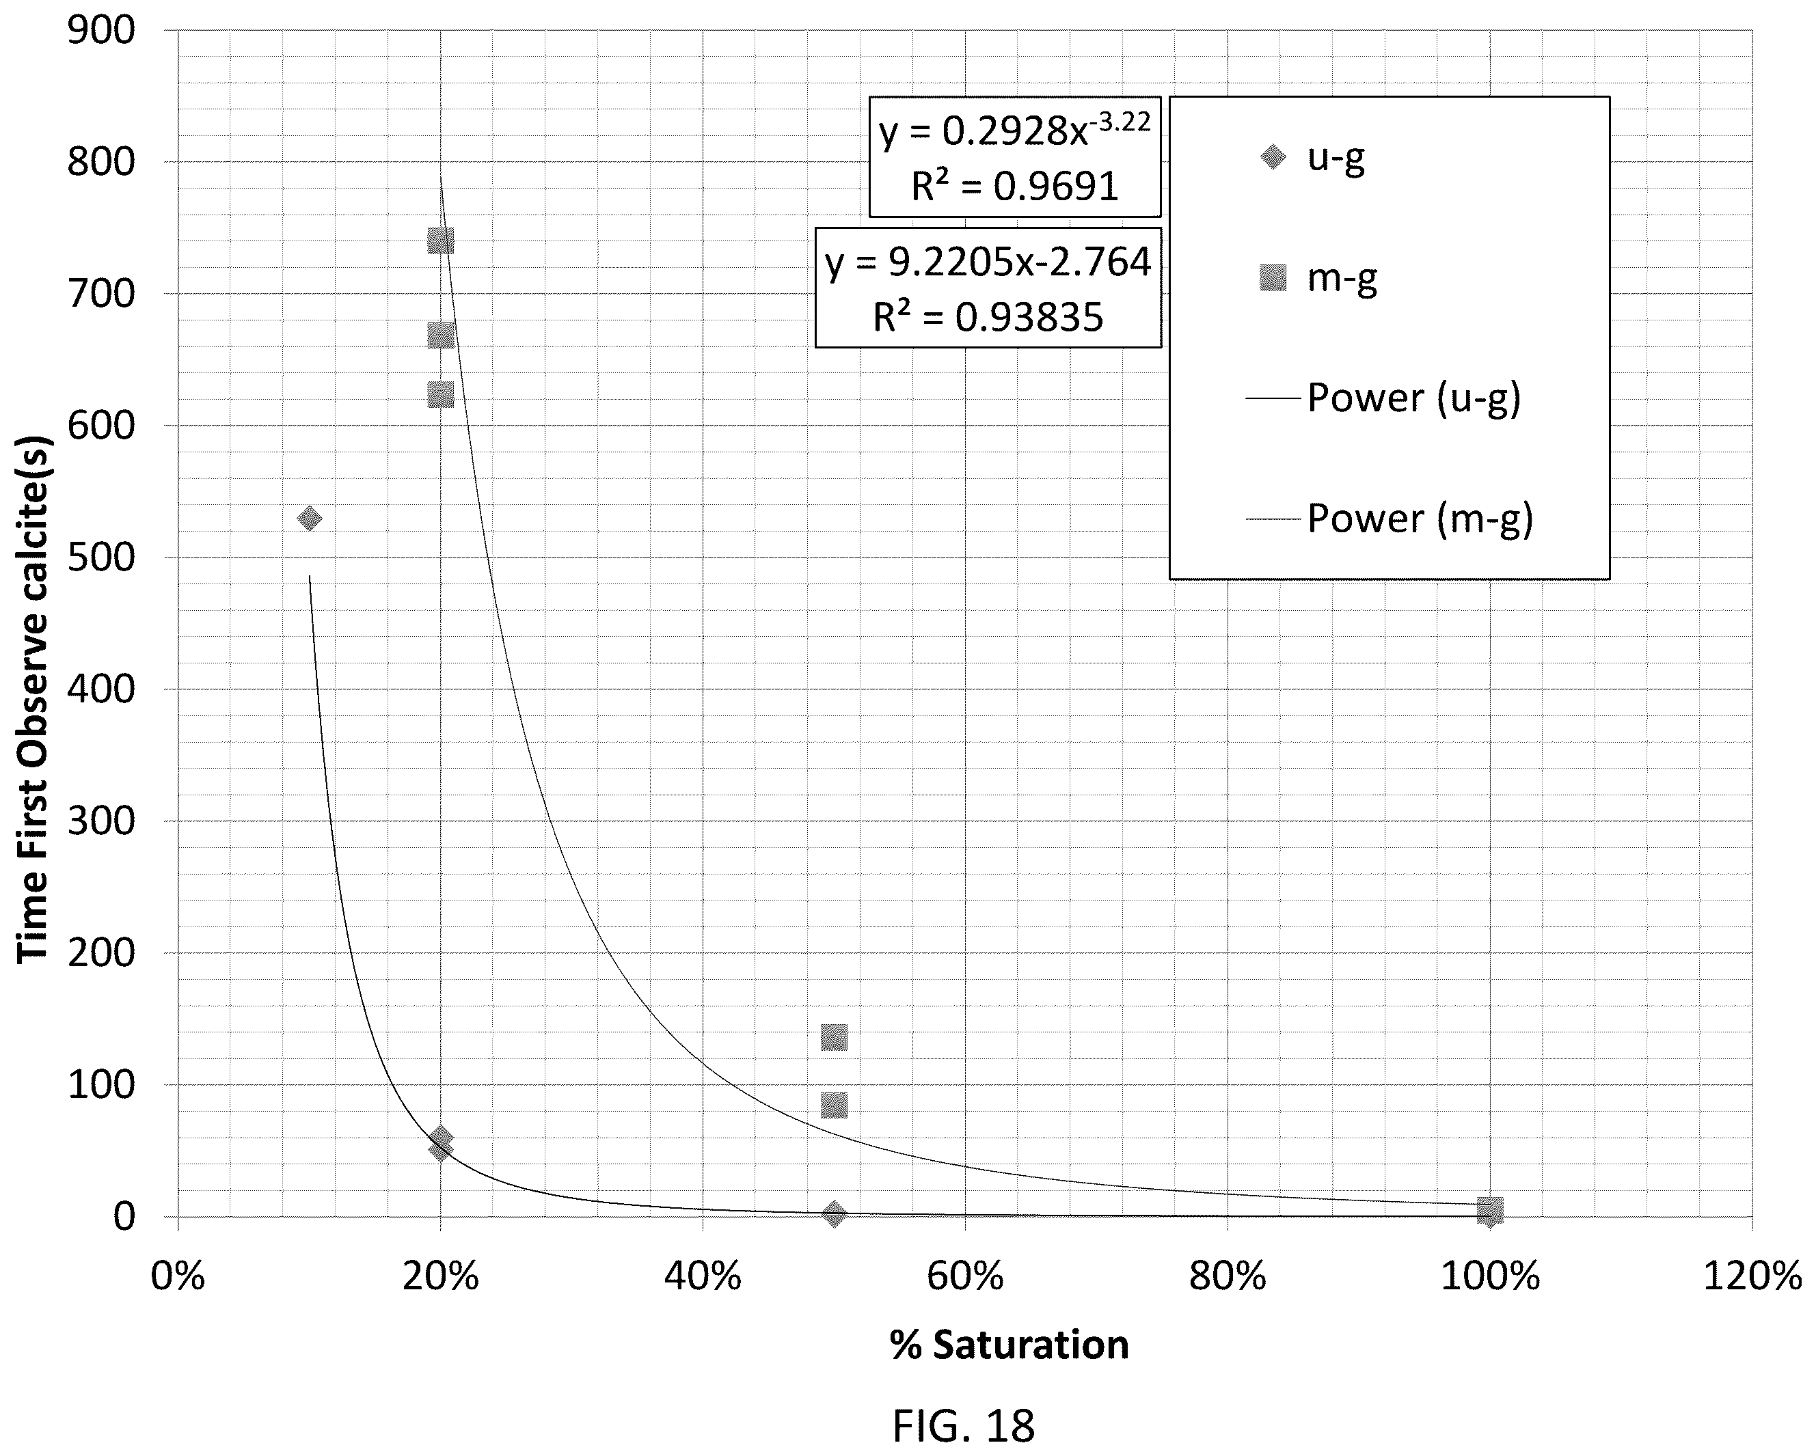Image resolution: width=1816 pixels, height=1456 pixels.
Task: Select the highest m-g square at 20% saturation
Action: point(441,241)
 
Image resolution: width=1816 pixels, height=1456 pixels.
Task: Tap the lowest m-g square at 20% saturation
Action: point(441,394)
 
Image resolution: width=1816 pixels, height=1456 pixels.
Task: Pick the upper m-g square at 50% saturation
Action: point(834,1037)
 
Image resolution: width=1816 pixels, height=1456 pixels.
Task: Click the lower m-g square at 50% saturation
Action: point(834,1105)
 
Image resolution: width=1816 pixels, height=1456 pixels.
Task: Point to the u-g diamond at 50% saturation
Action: point(834,1213)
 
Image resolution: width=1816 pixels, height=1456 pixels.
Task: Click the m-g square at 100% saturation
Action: point(1490,1210)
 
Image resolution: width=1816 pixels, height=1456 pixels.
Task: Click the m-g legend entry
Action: point(1318,278)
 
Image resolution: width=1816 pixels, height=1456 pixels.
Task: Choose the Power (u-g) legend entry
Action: point(1384,398)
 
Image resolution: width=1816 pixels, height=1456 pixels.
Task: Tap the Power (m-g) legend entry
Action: point(1390,518)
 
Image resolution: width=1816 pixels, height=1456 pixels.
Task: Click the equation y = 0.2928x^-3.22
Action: point(1014,130)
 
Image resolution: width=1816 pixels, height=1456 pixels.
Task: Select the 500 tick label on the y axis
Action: point(101,558)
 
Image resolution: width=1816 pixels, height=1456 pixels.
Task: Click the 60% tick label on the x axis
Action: point(965,1276)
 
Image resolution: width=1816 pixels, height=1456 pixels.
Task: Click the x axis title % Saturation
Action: point(1009,1345)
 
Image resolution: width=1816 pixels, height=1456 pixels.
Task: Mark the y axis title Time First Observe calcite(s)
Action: point(33,699)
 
